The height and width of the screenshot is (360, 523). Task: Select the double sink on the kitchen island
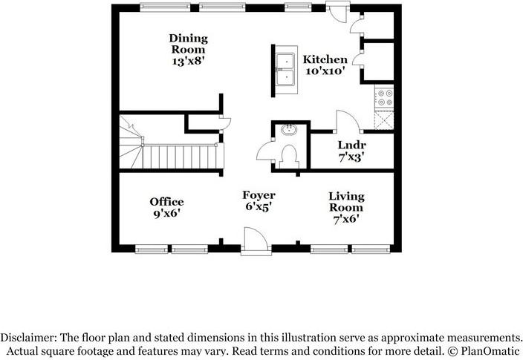point(285,69)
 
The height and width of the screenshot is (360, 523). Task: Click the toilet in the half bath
point(289,154)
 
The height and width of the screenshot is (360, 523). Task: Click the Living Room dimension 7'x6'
point(347,220)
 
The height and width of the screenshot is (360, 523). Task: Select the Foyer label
point(259,194)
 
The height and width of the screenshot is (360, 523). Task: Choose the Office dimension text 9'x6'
point(166,214)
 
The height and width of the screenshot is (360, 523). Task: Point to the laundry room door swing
point(346,121)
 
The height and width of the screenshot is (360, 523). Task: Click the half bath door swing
point(265,152)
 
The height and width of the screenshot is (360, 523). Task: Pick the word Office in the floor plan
point(166,202)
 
